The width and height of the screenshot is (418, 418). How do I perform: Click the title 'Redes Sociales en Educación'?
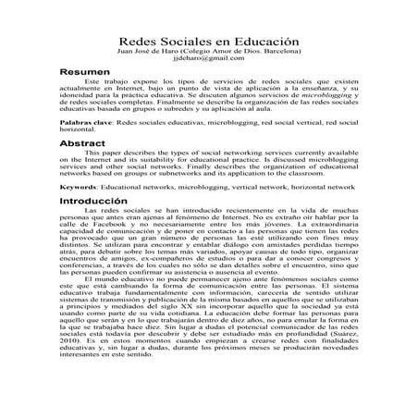click(x=209, y=43)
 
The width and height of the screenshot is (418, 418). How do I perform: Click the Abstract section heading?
click(x=84, y=145)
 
